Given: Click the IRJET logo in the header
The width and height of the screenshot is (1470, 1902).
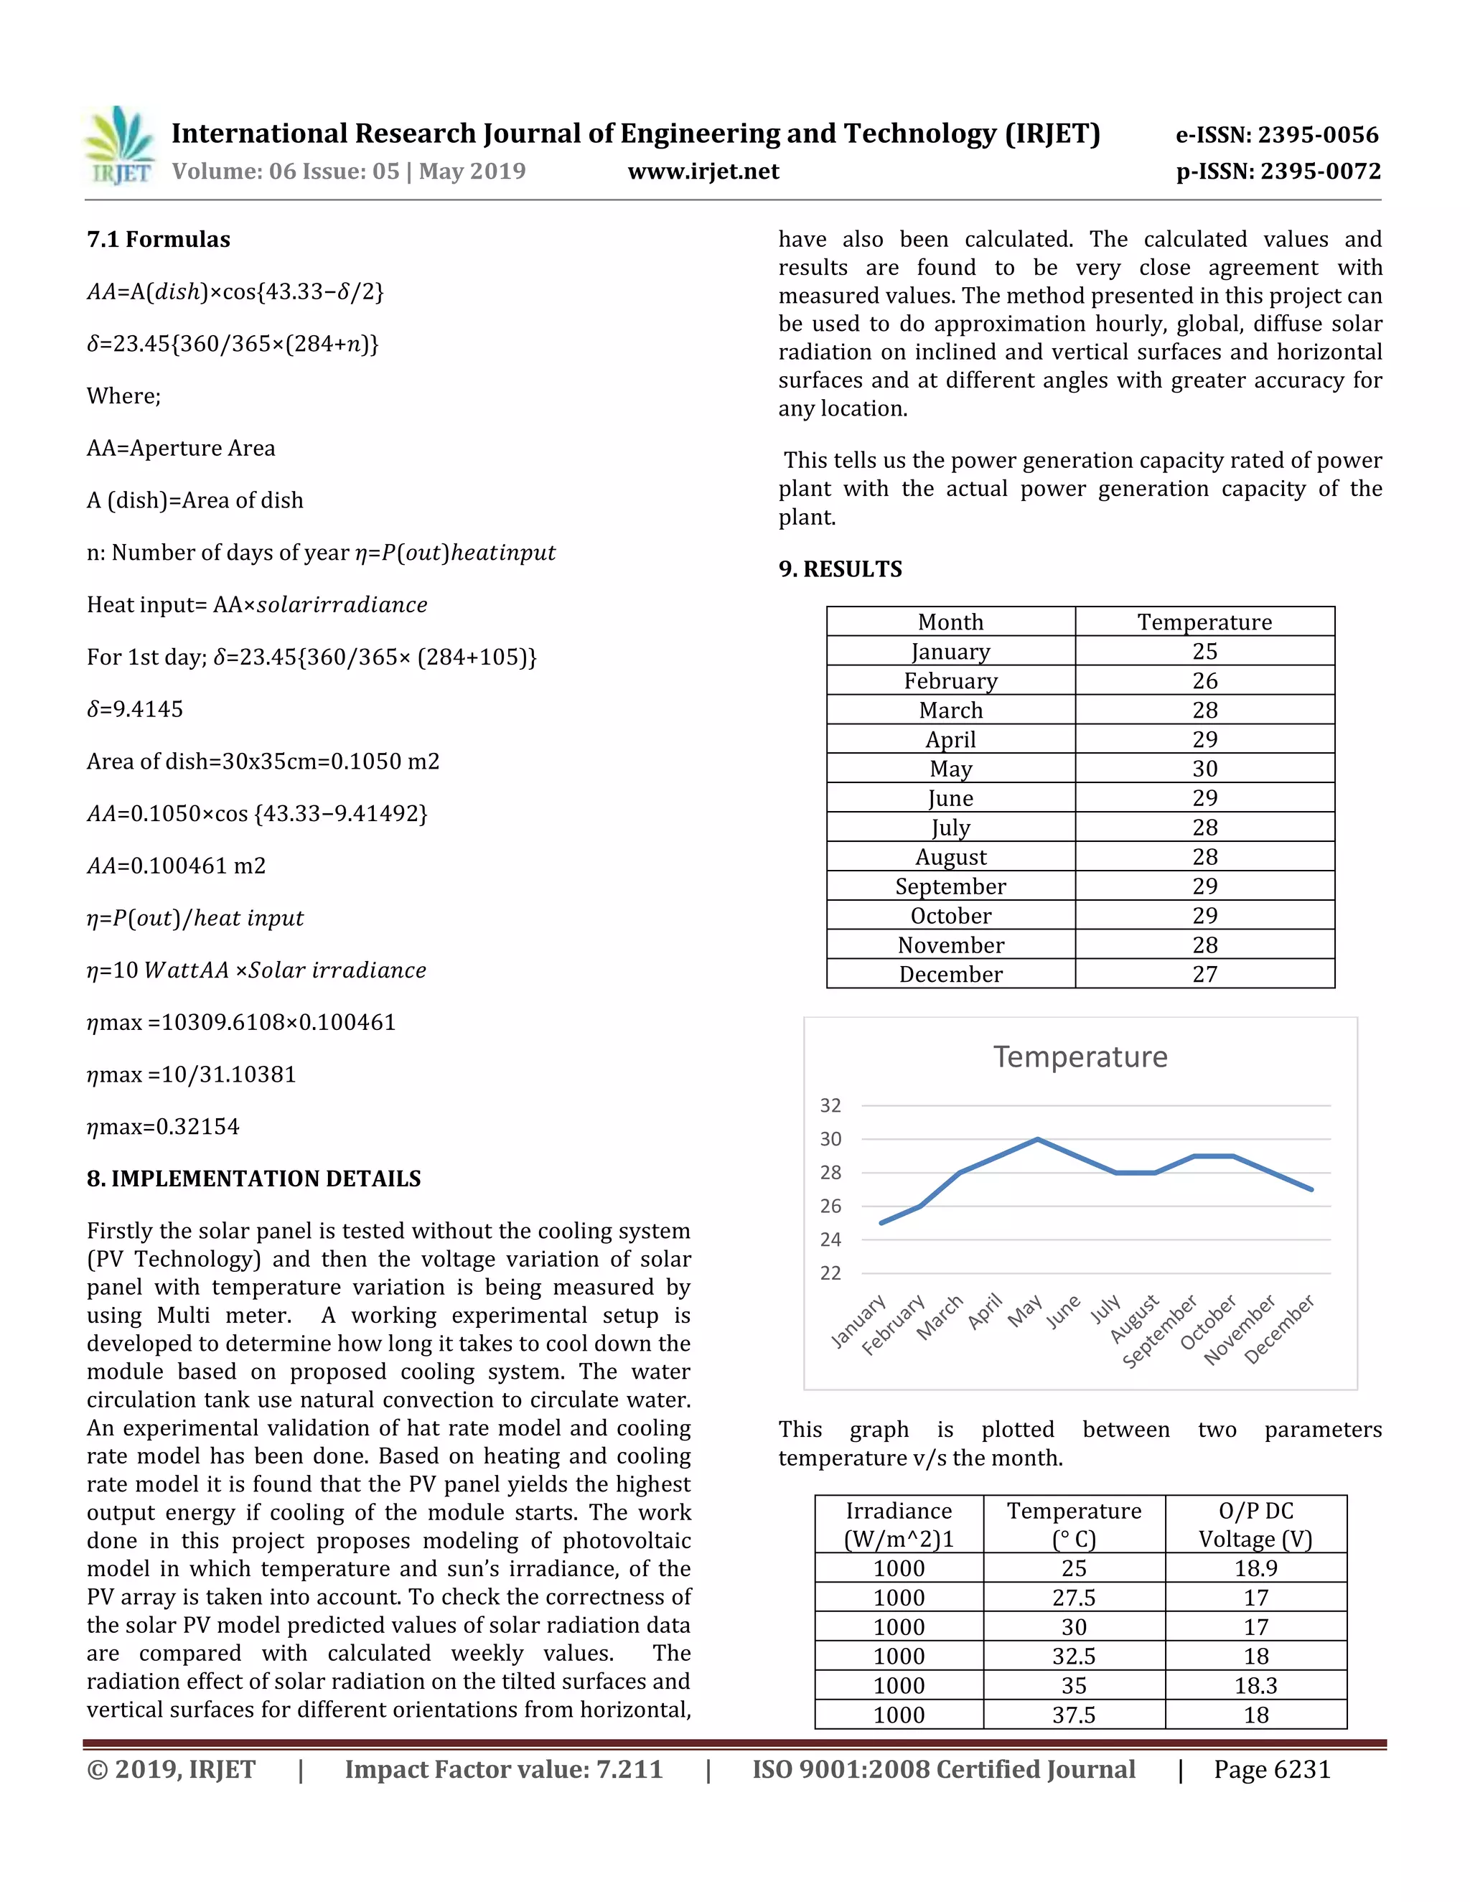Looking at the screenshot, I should (x=120, y=146).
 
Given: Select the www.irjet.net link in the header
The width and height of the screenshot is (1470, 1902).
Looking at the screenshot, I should (x=703, y=172).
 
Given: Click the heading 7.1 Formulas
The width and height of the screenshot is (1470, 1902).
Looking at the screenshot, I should (x=159, y=240).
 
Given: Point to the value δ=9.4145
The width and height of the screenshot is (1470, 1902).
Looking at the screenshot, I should (x=135, y=709).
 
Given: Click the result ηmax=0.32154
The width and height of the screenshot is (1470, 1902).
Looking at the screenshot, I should (x=163, y=1126).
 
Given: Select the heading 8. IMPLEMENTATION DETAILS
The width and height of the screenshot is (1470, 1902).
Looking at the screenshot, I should (x=253, y=1179).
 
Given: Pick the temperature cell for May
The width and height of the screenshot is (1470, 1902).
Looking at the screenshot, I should (x=1204, y=768).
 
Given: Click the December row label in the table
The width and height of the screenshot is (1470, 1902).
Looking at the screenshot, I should (x=950, y=974).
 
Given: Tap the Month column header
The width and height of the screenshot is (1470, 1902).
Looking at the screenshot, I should (x=950, y=622).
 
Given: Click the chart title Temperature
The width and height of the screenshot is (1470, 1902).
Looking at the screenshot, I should (x=1080, y=1057).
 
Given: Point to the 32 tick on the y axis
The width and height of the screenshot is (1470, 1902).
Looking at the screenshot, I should (x=830, y=1105).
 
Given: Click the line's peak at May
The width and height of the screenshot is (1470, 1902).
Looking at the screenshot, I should (x=1037, y=1139).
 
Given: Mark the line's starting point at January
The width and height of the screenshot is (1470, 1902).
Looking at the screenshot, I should (x=881, y=1223).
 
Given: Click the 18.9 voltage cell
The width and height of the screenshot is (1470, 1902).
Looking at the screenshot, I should (x=1255, y=1568).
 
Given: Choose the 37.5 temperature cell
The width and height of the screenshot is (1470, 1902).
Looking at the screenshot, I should (x=1074, y=1715).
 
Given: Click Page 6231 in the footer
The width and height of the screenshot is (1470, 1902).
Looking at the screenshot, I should (x=1271, y=1770).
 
